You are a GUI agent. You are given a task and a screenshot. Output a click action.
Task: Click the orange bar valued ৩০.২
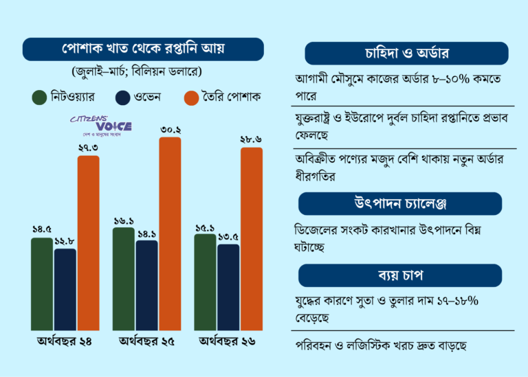coord(170,233)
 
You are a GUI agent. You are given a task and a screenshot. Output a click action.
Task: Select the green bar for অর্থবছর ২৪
coord(42,284)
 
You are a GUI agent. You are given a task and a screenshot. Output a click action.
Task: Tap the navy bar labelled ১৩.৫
coord(228,286)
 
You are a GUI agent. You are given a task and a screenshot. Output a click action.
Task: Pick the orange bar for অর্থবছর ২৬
coord(252,238)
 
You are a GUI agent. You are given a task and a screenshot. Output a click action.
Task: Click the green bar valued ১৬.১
coord(124,279)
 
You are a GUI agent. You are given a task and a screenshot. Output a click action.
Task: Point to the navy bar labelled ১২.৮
coord(65,289)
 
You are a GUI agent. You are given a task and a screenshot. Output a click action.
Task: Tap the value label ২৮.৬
coord(251,139)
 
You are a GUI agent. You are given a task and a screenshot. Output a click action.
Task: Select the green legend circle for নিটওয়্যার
coord(39,98)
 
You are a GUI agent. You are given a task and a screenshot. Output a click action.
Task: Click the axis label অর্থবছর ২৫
coord(146,341)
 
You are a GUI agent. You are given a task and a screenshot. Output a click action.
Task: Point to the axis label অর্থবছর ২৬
coord(228,341)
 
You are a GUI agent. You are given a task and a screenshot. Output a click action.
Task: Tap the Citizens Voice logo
coord(101,124)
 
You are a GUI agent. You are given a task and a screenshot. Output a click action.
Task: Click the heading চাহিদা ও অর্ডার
coord(406,54)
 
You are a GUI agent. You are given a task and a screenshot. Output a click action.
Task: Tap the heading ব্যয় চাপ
coord(406,275)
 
